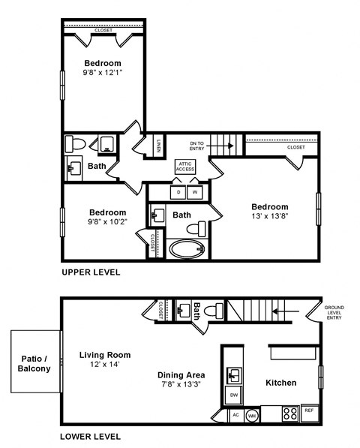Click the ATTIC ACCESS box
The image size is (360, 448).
[185, 167]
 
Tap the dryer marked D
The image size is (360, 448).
[178, 192]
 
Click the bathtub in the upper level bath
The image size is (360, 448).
[184, 248]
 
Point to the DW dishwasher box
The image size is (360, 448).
[234, 395]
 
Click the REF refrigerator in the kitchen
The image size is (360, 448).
[309, 410]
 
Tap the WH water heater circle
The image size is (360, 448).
[253, 414]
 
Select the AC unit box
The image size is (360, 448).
[235, 414]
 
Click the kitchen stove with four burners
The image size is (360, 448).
[289, 412]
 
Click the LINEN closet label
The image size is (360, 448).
[159, 146]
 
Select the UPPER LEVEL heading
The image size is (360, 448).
[91, 272]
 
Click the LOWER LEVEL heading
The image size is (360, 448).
[91, 436]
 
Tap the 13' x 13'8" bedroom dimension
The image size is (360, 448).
[269, 217]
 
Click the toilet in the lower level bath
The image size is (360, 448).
[215, 309]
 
